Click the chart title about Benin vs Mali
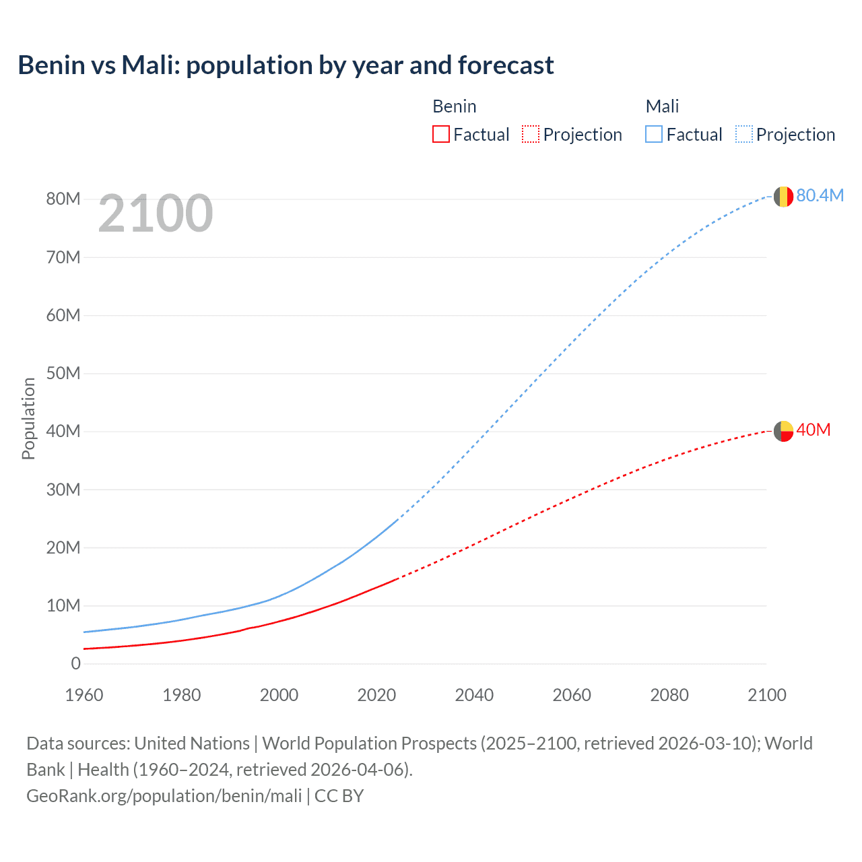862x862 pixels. pos(286,65)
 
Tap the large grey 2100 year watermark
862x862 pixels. pos(156,213)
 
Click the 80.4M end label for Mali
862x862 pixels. pos(820,195)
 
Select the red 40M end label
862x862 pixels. pos(813,430)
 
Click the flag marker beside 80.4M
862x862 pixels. pos(783,197)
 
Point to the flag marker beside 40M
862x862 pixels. pos(783,431)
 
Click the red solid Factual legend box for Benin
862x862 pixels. pos(441,135)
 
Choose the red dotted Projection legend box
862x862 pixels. pos(531,135)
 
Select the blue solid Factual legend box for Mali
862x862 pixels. pos(654,135)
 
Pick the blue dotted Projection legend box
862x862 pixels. pos(744,135)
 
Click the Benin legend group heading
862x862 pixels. pos(455,106)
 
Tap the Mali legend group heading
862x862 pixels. pos(662,106)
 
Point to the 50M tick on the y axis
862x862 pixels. pos(63,373)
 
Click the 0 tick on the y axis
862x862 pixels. pos(75,663)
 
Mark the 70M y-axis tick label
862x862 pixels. pos(63,257)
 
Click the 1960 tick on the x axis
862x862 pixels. pos(84,695)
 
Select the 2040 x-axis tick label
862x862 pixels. pos(474,695)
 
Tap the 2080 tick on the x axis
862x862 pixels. pos(669,695)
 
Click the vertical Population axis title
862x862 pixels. pos(28,418)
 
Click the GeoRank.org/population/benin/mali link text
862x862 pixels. pos(164,796)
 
